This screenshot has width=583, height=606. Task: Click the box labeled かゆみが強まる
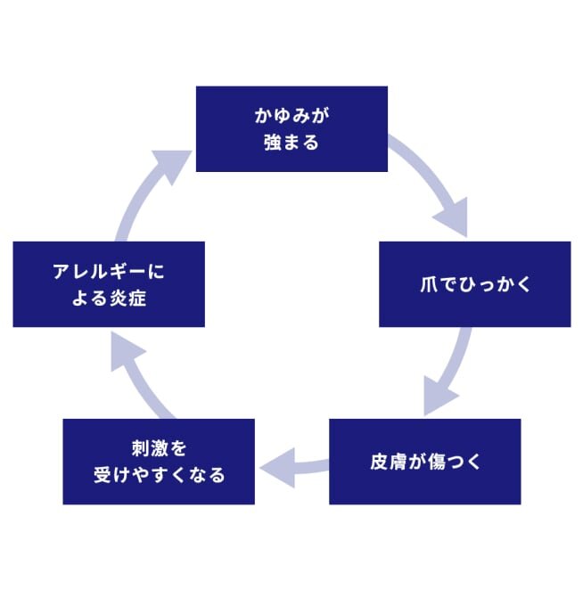pyautogui.click(x=291, y=128)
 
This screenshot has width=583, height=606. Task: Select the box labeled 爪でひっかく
pyautogui.click(x=474, y=284)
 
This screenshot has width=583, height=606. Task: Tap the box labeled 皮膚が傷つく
pyautogui.click(x=424, y=462)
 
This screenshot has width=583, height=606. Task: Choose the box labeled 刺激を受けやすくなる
pyautogui.click(x=159, y=462)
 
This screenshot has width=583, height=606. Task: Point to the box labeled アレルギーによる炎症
pyautogui.click(x=109, y=284)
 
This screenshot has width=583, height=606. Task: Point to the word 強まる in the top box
pyautogui.click(x=291, y=142)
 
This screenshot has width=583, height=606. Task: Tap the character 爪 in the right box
pyautogui.click(x=429, y=285)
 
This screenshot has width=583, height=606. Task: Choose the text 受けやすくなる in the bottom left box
pyautogui.click(x=159, y=474)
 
